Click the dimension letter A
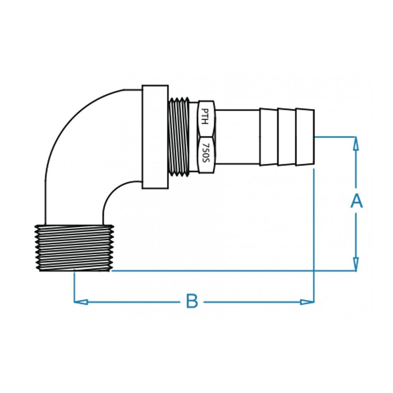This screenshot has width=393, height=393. (x=356, y=201)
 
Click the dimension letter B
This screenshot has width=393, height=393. (x=191, y=301)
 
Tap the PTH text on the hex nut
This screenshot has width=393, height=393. (x=205, y=117)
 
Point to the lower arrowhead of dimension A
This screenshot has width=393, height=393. (x=356, y=263)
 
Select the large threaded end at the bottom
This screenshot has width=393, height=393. (x=74, y=248)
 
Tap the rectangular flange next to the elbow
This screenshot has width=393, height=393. (x=155, y=137)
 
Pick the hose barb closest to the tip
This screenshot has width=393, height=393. (x=305, y=137)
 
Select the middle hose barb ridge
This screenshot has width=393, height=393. (x=286, y=137)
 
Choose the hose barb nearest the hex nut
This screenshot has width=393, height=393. (x=268, y=137)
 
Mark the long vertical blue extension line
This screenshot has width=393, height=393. (x=314, y=234)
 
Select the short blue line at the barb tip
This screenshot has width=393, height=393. (x=334, y=136)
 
